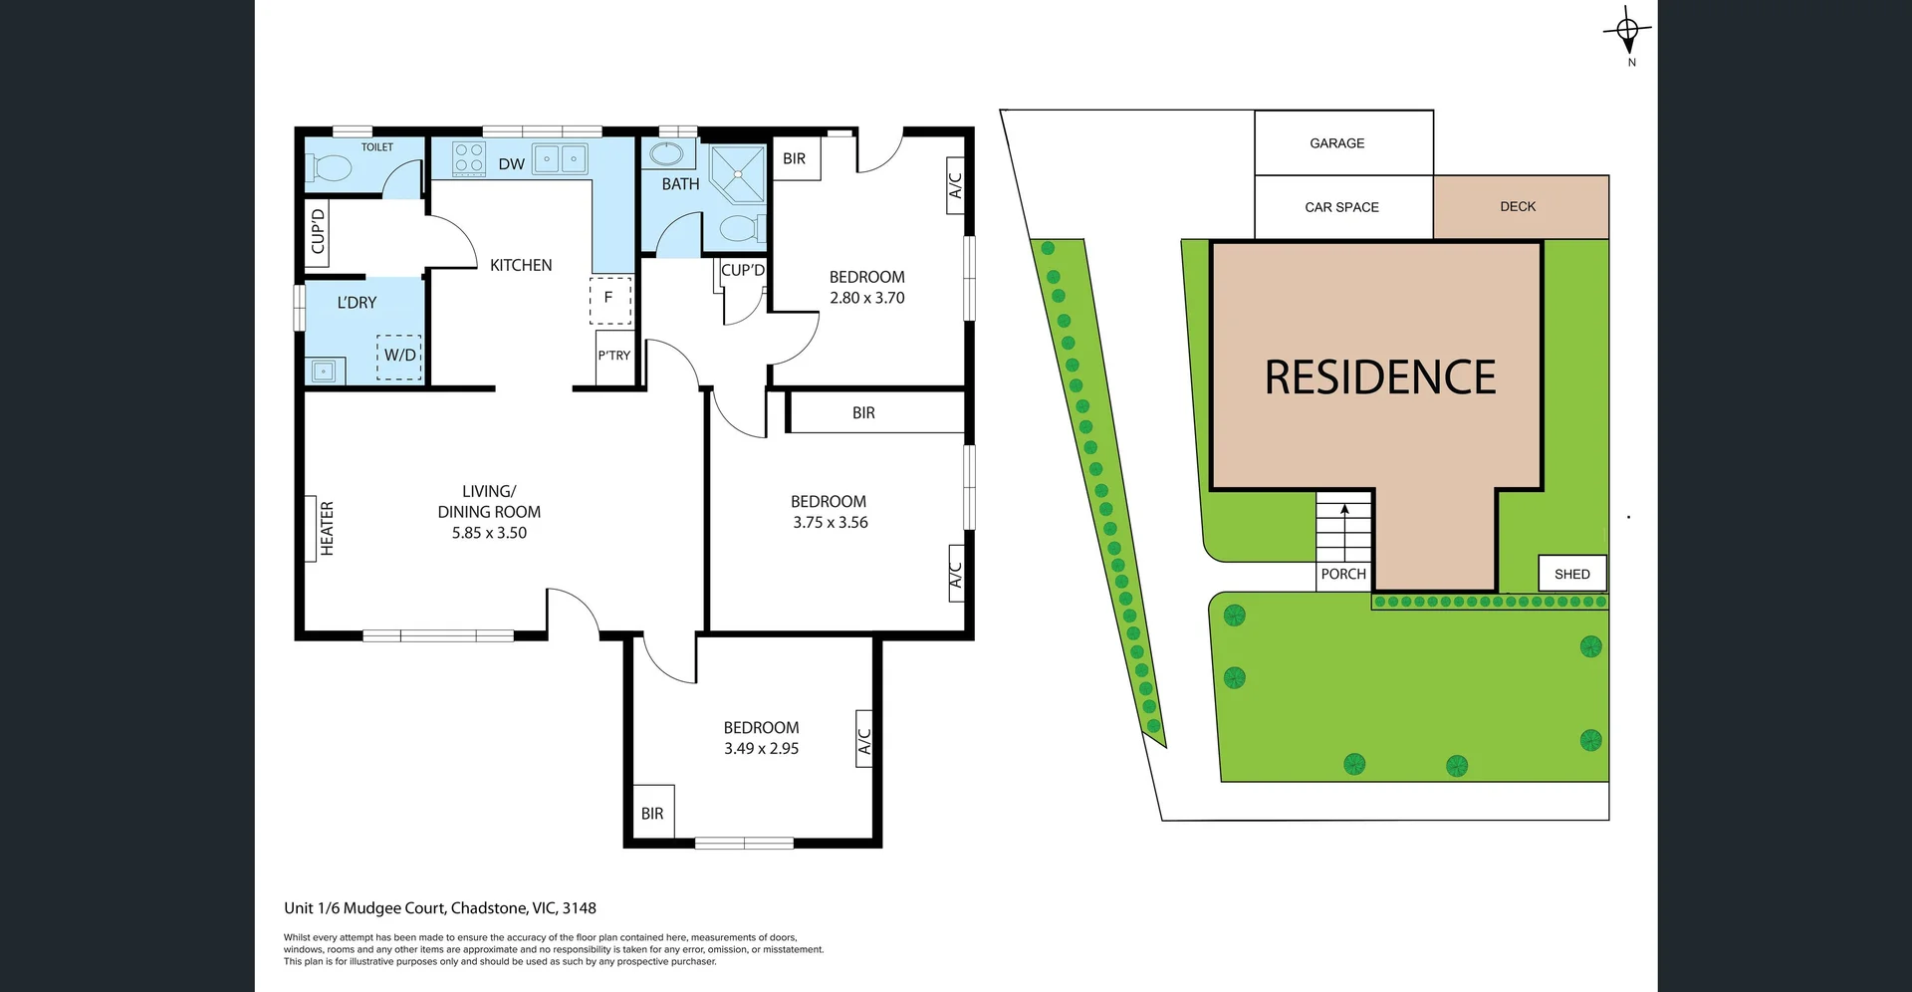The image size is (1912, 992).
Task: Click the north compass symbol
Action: pyautogui.click(x=1627, y=32)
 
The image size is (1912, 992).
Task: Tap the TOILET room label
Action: pyautogui.click(x=376, y=147)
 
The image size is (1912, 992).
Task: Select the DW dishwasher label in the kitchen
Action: pyautogui.click(x=511, y=164)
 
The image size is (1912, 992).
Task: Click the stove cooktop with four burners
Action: pyautogui.click(x=469, y=158)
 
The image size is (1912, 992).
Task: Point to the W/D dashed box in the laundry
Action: pyautogui.click(x=400, y=356)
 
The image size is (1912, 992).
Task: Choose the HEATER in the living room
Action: pyautogui.click(x=327, y=528)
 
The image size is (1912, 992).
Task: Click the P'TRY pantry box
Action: pyautogui.click(x=614, y=356)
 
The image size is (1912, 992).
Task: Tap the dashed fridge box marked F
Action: pyautogui.click(x=609, y=298)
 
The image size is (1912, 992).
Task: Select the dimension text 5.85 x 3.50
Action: pyautogui.click(x=489, y=533)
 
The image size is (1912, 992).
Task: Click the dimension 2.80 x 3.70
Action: pyautogui.click(x=866, y=298)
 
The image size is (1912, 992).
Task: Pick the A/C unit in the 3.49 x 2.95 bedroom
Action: pyautogui.click(x=864, y=739)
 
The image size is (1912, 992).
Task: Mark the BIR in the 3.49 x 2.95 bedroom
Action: pyautogui.click(x=652, y=814)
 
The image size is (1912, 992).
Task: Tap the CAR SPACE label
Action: pyautogui.click(x=1341, y=207)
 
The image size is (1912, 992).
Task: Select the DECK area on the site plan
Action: pyautogui.click(x=1520, y=207)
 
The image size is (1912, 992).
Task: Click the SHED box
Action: pyautogui.click(x=1571, y=574)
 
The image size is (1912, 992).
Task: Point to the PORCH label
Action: pyautogui.click(x=1343, y=574)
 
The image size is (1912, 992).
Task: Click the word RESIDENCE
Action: pyautogui.click(x=1379, y=377)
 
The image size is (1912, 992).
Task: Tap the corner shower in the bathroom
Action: pyautogui.click(x=738, y=174)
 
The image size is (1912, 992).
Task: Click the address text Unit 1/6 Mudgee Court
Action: pyautogui.click(x=366, y=908)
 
